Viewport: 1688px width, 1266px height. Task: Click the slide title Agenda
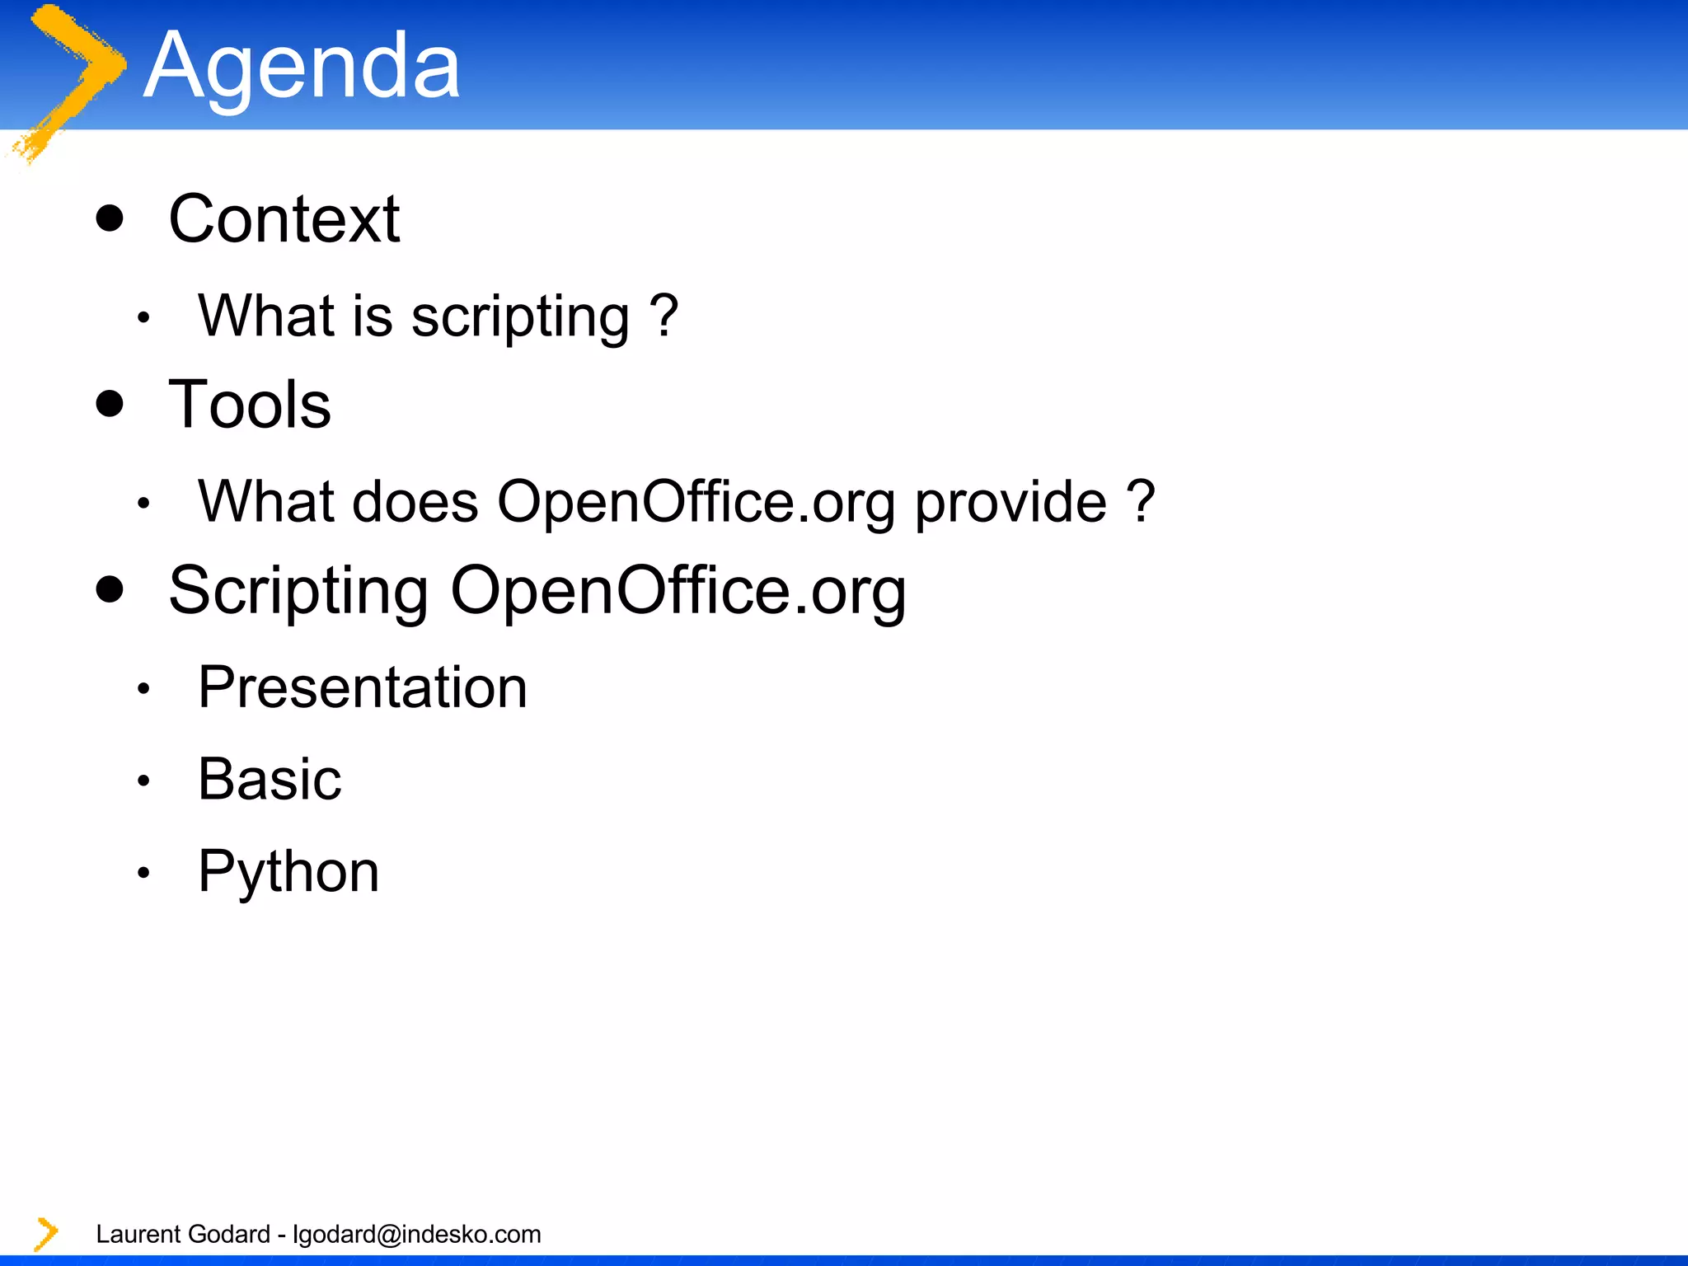click(302, 66)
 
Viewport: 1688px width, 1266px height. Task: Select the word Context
click(284, 219)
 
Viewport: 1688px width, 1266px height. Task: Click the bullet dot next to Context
click(110, 218)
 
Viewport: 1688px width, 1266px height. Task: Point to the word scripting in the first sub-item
click(520, 317)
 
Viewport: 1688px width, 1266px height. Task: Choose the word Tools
click(250, 405)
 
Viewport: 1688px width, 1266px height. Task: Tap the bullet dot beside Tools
click(110, 404)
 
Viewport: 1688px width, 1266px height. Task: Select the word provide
click(1011, 503)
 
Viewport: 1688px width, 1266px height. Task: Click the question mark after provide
click(1141, 500)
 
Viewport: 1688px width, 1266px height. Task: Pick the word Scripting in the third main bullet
click(298, 592)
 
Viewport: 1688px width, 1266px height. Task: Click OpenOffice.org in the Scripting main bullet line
click(678, 592)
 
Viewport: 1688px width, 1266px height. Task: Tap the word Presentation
click(363, 687)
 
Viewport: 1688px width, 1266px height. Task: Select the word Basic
click(270, 779)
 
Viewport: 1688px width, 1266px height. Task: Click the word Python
click(288, 873)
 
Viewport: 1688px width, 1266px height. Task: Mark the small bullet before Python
click(143, 873)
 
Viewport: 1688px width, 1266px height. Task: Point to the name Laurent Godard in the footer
click(183, 1234)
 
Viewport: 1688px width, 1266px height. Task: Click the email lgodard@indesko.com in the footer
click(417, 1234)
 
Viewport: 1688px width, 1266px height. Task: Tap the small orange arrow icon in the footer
click(46, 1234)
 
